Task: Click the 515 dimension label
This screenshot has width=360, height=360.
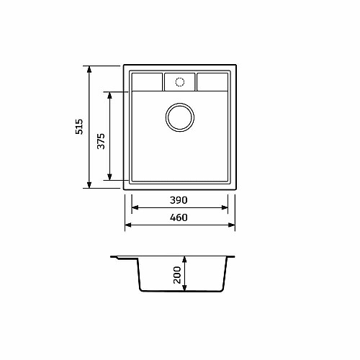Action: coord(79,127)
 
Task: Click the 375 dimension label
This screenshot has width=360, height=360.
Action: coord(101,141)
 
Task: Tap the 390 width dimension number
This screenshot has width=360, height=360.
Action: coord(179,200)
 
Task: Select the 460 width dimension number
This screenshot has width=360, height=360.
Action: coord(179,217)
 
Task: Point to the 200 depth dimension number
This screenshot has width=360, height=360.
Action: coord(177,275)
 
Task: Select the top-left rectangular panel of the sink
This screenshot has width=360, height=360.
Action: coord(147,82)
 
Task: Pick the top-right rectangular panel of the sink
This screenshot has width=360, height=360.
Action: coord(212,82)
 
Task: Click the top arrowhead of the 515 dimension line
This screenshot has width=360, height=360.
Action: coord(89,69)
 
